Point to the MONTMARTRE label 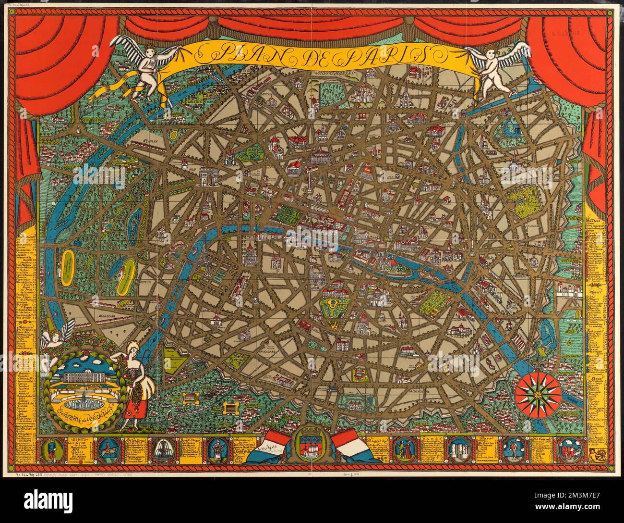[337, 74]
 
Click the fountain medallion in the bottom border [161, 452]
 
